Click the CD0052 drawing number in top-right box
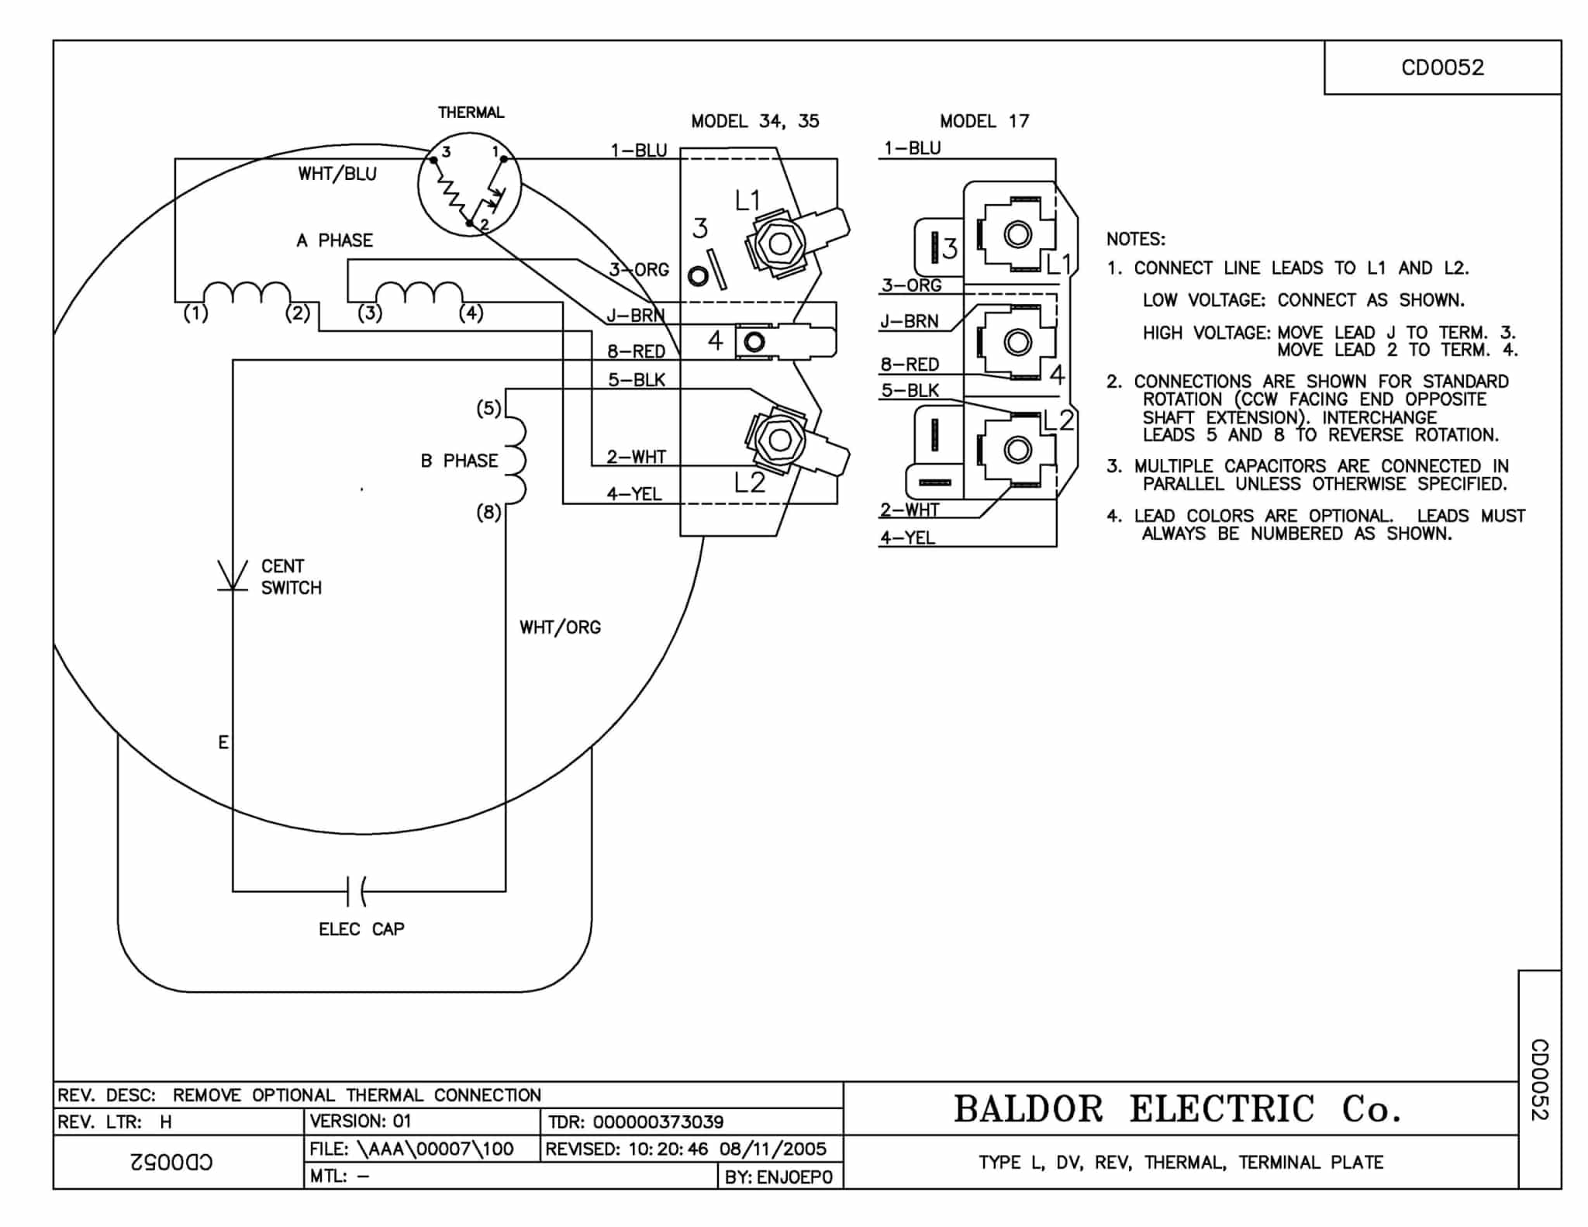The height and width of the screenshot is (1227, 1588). pyautogui.click(x=1441, y=67)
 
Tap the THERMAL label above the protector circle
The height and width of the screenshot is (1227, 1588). pyautogui.click(x=471, y=112)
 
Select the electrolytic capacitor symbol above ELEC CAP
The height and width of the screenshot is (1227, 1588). pyautogui.click(x=357, y=891)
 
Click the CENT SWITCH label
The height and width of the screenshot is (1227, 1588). pyautogui.click(x=291, y=577)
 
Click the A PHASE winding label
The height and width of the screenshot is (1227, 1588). pyautogui.click(x=334, y=240)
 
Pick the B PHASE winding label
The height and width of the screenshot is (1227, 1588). pyautogui.click(x=459, y=461)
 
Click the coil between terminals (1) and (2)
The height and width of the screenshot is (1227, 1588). pyautogui.click(x=247, y=292)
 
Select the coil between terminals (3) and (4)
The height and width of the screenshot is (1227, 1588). pyautogui.click(x=419, y=292)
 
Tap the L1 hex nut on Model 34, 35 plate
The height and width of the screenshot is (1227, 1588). pyautogui.click(x=779, y=244)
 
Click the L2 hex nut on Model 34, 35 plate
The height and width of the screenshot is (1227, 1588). pyautogui.click(x=779, y=440)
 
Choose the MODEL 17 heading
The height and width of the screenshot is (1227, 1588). pyautogui.click(x=984, y=121)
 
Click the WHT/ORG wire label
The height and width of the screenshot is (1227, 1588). pyautogui.click(x=560, y=627)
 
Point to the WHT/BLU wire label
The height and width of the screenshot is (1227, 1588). pyautogui.click(x=337, y=174)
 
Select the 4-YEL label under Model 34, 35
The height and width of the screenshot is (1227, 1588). pyautogui.click(x=634, y=494)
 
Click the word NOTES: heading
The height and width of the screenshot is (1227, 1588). pyautogui.click(x=1135, y=239)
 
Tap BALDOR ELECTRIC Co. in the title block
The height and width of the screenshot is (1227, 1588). pyautogui.click(x=1177, y=1109)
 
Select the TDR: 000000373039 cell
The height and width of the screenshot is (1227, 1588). pyautogui.click(x=636, y=1122)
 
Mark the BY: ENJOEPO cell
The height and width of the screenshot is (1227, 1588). pyautogui.click(x=778, y=1177)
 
